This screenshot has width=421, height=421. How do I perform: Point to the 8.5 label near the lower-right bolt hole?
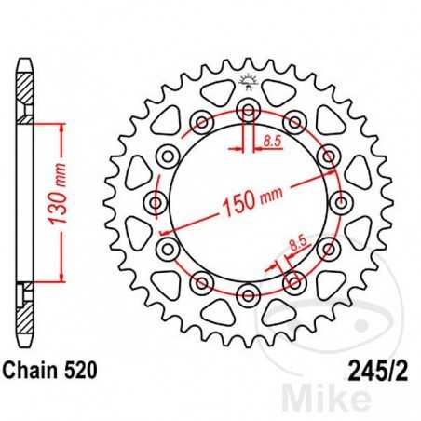297,245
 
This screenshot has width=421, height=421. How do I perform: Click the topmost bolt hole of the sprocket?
249,110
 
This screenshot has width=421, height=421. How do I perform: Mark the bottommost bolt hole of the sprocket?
249,294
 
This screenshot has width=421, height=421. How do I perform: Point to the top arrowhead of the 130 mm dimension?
62,125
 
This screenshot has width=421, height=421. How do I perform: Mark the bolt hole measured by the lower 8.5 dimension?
295,281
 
